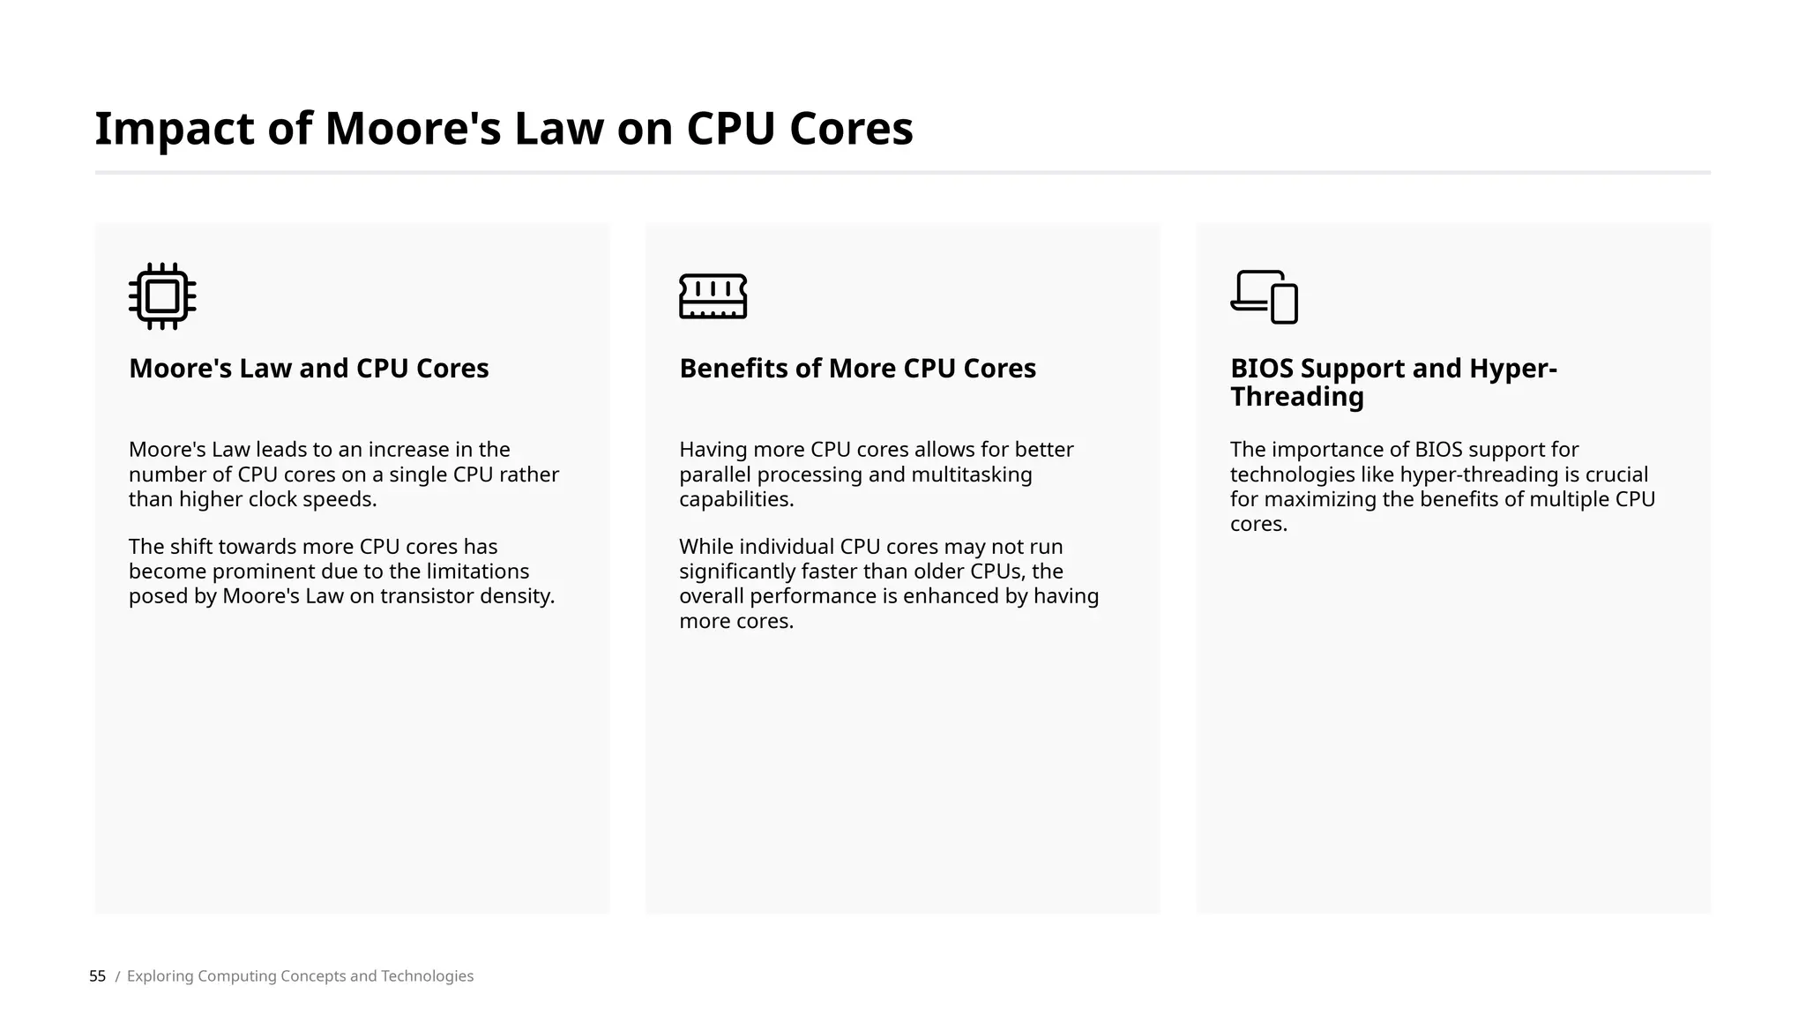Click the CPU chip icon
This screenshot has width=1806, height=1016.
coord(162,296)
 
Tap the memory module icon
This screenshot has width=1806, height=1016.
coord(713,296)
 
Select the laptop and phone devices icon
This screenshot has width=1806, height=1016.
coord(1264,297)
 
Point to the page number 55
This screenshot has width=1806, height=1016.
coord(97,976)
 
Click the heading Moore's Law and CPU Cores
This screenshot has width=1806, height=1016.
coord(309,369)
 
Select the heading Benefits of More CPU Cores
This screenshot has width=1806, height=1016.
coord(857,369)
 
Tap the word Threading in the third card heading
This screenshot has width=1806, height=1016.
coord(1296,397)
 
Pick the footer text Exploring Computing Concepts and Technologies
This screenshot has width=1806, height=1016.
coord(300,976)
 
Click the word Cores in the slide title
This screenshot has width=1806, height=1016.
coord(851,129)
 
